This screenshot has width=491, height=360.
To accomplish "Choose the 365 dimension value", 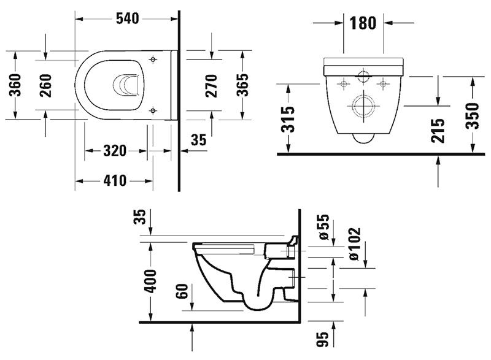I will pyautogui.click(x=242, y=85).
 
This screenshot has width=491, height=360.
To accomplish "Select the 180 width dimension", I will pyautogui.click(x=362, y=23).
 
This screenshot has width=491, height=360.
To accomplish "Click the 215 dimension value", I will pyautogui.click(x=438, y=129).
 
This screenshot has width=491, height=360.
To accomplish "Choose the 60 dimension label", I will pyautogui.click(x=182, y=290).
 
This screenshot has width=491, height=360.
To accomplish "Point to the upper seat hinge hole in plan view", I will pyautogui.click(x=152, y=58).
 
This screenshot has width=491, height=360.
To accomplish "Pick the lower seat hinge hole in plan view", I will pyautogui.click(x=152, y=110).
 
